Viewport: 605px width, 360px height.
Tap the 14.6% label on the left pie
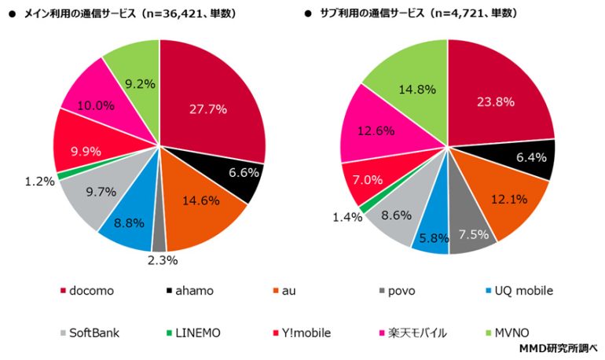[201, 200]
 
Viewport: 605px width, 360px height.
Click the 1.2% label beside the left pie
[38, 181]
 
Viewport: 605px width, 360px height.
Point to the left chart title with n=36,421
[130, 13]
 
